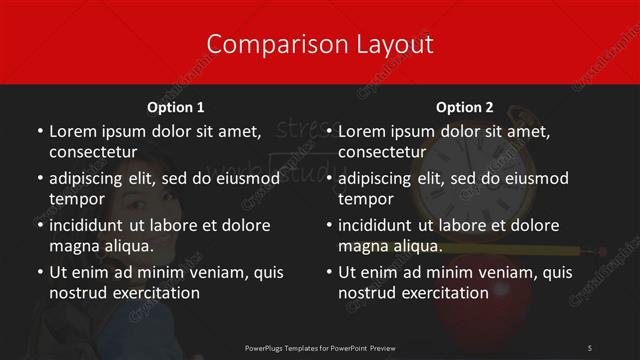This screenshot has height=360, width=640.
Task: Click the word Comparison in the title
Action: pyautogui.click(x=264, y=44)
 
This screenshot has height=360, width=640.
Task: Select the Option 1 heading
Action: pyautogui.click(x=176, y=107)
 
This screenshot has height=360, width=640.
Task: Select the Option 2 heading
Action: pyautogui.click(x=465, y=107)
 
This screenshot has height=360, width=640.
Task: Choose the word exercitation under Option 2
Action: pyautogui.click(x=440, y=293)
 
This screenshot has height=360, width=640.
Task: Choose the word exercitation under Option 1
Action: pyautogui.click(x=151, y=293)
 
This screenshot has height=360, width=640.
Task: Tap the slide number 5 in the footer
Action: pyautogui.click(x=590, y=346)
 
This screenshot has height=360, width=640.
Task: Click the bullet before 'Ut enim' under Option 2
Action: pyautogui.click(x=329, y=272)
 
